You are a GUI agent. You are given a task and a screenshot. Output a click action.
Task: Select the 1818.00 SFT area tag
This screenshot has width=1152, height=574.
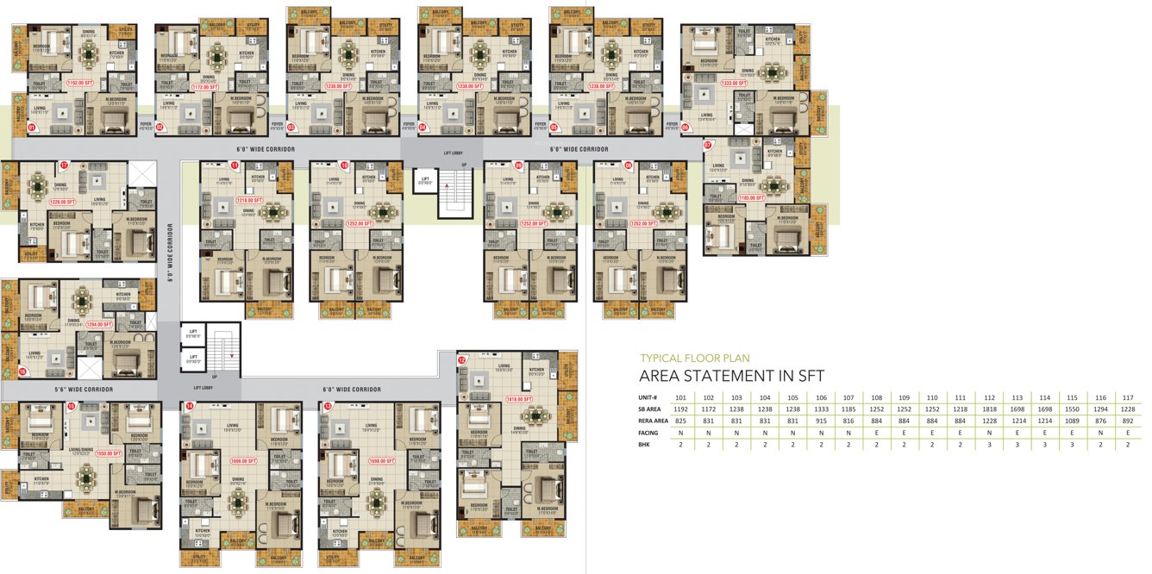click(521, 399)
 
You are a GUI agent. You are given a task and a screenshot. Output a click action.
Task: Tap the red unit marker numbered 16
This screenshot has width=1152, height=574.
click(22, 371)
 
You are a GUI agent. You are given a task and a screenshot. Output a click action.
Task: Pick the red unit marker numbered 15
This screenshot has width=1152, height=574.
click(72, 406)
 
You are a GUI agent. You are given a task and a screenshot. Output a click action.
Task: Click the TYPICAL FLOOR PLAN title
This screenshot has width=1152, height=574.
click(694, 358)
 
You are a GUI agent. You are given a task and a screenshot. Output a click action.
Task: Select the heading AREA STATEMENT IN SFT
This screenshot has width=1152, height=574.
click(731, 376)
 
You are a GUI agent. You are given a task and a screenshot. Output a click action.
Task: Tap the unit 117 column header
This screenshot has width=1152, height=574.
click(1128, 396)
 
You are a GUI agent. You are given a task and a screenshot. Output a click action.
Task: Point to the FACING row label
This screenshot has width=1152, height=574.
click(650, 433)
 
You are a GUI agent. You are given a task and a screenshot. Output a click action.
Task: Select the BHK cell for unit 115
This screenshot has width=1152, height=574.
click(1072, 445)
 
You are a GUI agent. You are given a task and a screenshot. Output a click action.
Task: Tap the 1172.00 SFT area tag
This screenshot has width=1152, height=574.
click(207, 87)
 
